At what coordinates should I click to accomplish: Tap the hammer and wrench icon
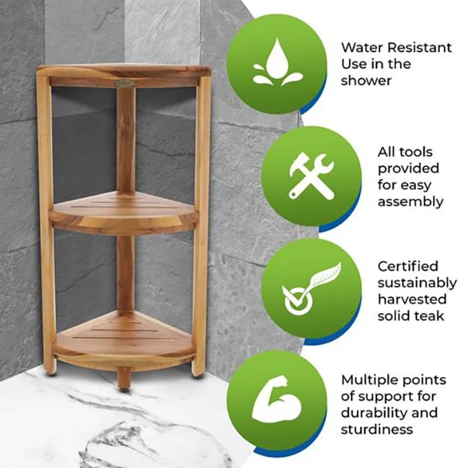(x=311, y=176)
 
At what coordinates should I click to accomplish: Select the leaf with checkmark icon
(x=311, y=289)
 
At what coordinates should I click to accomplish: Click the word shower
(x=366, y=81)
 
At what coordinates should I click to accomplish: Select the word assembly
(x=410, y=202)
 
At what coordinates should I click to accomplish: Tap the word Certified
(x=408, y=266)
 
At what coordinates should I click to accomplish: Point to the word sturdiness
(x=377, y=430)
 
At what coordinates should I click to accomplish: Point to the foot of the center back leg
(x=124, y=384)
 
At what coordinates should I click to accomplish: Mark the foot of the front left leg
(x=50, y=369)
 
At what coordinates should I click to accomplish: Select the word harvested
(x=412, y=299)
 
